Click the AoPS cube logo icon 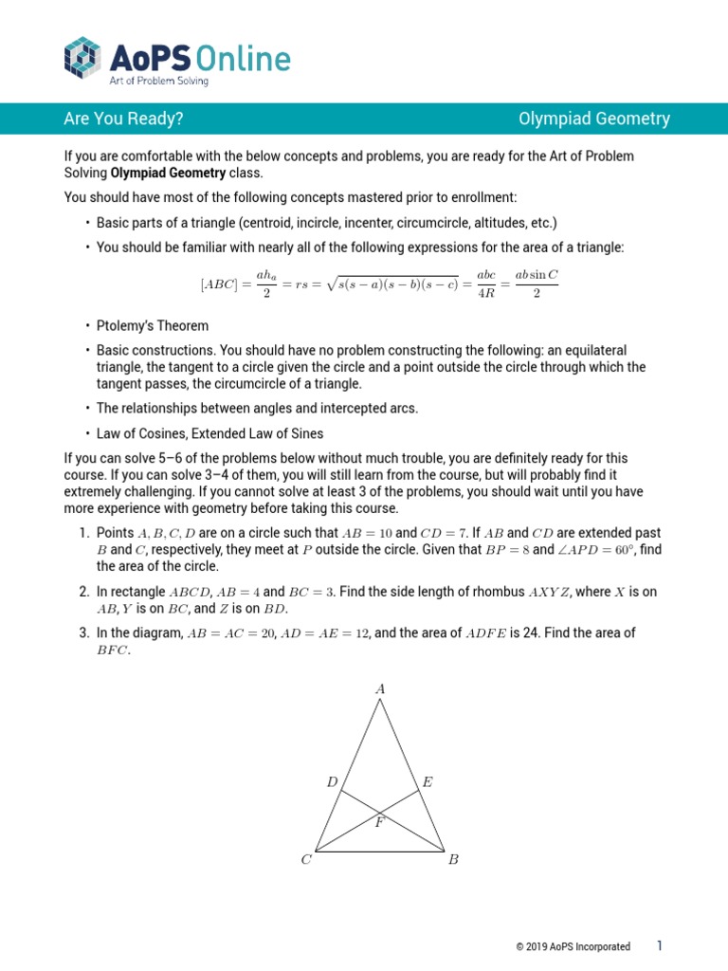pos(82,57)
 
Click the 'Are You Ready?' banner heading pos(123,119)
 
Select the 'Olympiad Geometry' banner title pos(594,119)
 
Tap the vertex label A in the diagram pos(380,690)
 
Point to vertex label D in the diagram pos(332,782)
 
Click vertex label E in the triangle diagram pos(428,782)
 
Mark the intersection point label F pos(379,822)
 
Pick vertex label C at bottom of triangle pos(306,860)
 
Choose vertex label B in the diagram pos(453,860)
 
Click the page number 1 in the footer pos(660,945)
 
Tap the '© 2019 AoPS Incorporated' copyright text pos(573,946)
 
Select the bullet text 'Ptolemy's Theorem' pos(153,325)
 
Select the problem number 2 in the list pos(83,592)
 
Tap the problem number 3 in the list pos(83,632)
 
